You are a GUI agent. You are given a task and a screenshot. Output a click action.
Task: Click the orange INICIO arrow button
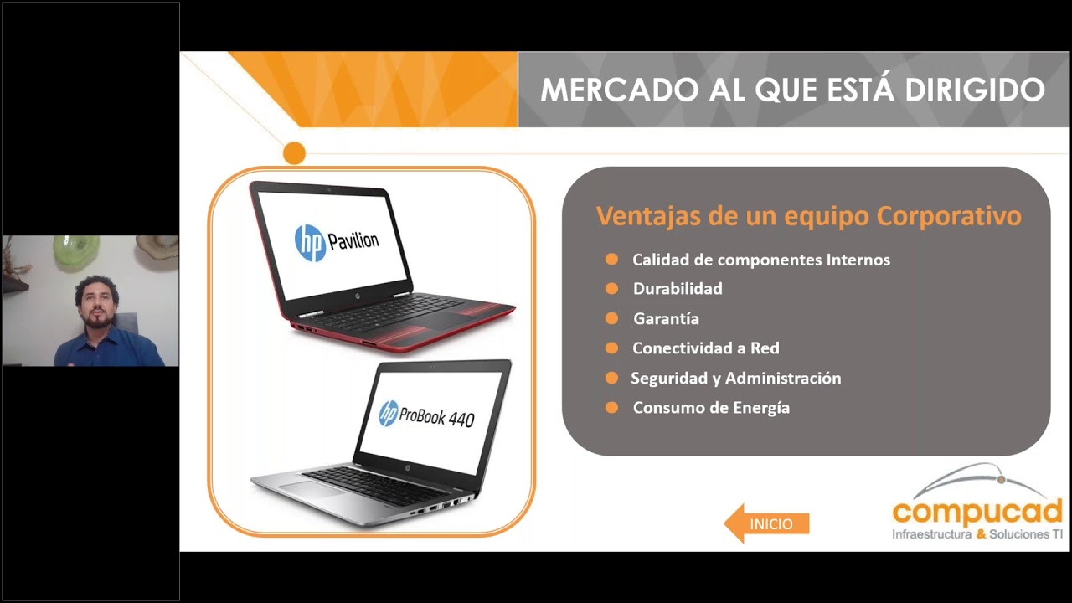[x=766, y=523]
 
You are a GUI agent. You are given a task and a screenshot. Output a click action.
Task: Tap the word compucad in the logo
[x=977, y=512]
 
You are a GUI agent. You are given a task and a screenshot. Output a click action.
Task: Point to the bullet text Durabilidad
[x=678, y=289]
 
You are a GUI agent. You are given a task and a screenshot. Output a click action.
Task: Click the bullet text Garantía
[x=666, y=319]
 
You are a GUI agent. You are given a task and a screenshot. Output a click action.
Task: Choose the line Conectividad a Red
[x=706, y=348]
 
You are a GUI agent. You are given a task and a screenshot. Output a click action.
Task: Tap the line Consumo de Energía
[x=711, y=408]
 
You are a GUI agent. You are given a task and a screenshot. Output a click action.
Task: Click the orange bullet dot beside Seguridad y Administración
[x=611, y=378]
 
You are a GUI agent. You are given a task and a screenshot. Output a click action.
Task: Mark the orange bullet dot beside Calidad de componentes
[x=611, y=260]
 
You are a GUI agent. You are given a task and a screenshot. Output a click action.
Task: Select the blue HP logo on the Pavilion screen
[x=310, y=243]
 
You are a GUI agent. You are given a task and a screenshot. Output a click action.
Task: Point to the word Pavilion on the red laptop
[x=353, y=240]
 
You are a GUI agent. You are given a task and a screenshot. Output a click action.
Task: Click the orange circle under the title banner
[x=294, y=153]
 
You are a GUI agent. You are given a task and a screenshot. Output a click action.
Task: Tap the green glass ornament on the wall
[x=75, y=253]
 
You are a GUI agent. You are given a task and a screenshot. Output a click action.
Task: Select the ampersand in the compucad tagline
[x=981, y=534]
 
